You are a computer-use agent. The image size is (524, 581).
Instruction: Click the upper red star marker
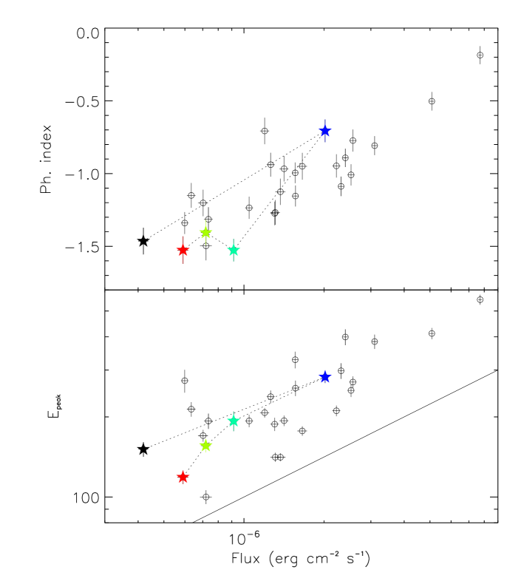point(183,250)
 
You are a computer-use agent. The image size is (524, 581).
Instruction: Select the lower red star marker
point(183,477)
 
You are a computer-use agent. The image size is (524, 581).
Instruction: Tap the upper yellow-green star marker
point(205,232)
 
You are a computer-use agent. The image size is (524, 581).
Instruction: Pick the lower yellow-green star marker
point(205,445)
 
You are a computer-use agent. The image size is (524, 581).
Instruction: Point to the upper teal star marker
point(234,250)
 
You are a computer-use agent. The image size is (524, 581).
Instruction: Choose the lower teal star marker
point(234,421)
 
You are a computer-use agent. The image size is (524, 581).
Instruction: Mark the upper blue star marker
point(324,131)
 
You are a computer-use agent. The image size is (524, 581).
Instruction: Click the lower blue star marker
point(324,377)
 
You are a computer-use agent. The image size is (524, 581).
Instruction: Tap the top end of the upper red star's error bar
point(183,237)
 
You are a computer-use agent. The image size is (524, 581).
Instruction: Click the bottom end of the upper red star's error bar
point(183,264)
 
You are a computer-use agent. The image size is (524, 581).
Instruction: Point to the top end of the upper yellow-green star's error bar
point(205,220)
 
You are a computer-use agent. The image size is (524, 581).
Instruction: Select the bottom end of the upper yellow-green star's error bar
point(205,245)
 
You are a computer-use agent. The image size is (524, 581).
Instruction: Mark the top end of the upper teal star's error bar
point(234,239)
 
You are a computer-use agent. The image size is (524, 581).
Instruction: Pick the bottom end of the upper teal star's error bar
point(234,262)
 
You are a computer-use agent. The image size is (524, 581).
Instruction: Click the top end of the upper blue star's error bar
point(324,119)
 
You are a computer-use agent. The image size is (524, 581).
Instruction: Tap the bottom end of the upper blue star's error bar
point(324,142)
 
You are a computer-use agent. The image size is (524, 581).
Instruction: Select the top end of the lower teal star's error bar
point(234,411)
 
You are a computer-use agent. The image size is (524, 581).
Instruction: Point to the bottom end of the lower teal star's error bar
point(234,431)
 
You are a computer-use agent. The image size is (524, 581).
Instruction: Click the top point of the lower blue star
point(324,370)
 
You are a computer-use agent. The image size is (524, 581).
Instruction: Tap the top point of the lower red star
point(183,469)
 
